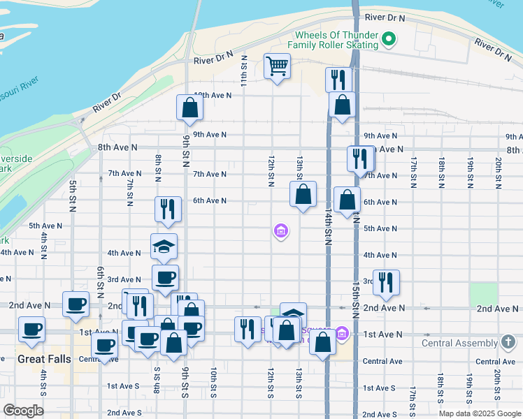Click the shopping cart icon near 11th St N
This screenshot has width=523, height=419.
pos(278,67)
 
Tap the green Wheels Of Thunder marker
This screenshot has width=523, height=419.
pos(390,40)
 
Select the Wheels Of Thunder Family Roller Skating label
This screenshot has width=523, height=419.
pos(336,40)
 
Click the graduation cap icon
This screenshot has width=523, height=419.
pos(164,247)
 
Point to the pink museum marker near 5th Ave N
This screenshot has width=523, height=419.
pos(280,230)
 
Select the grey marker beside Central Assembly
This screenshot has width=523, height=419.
pos(508,342)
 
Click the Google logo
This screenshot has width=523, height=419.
pos(23,411)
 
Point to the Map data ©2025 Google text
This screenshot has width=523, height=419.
pos(479,413)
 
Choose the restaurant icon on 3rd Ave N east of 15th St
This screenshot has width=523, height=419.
pos(385,282)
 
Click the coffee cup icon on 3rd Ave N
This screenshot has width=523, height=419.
pos(166,277)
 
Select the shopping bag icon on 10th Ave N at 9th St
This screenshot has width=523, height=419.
pos(189,107)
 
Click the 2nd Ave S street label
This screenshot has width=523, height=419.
pos(125,413)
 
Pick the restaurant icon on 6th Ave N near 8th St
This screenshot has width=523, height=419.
pos(168,208)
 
